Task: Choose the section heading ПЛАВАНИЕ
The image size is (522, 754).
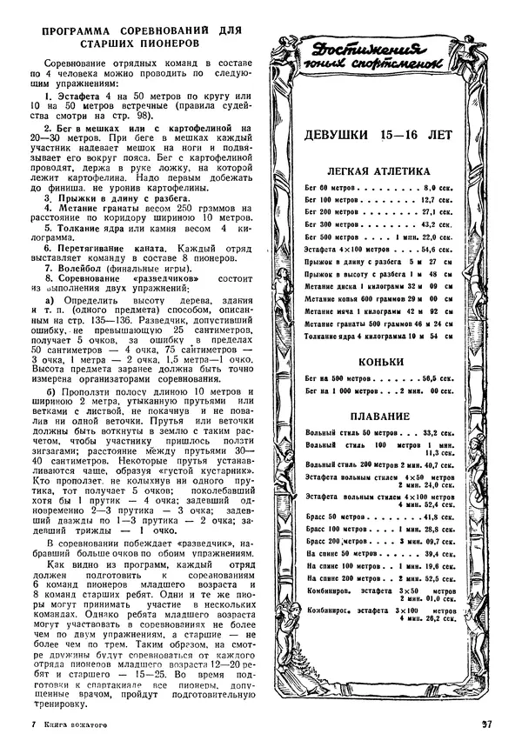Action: point(378,416)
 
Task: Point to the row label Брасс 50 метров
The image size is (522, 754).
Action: point(331,516)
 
